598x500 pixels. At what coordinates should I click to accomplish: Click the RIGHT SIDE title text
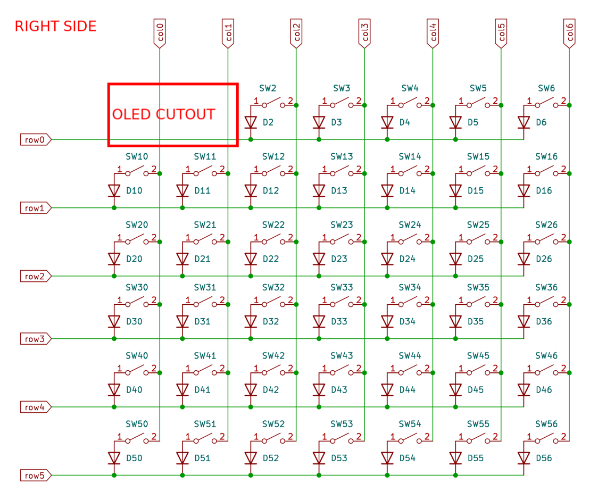[55, 26]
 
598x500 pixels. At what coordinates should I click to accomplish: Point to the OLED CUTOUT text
[163, 114]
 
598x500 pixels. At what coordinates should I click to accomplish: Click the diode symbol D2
[251, 122]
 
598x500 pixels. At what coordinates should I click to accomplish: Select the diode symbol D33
[319, 321]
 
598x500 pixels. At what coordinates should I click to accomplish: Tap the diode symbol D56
[524, 458]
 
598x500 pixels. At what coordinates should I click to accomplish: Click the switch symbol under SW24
[410, 240]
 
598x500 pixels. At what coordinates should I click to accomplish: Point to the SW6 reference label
[546, 88]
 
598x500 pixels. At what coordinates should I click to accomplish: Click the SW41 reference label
[205, 356]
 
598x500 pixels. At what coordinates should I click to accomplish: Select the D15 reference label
[476, 190]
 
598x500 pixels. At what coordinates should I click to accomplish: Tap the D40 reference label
[134, 390]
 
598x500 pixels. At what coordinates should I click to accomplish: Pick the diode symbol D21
[182, 259]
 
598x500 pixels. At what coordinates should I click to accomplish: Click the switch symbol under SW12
[273, 171]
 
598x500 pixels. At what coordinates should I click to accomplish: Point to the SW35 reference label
[478, 288]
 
